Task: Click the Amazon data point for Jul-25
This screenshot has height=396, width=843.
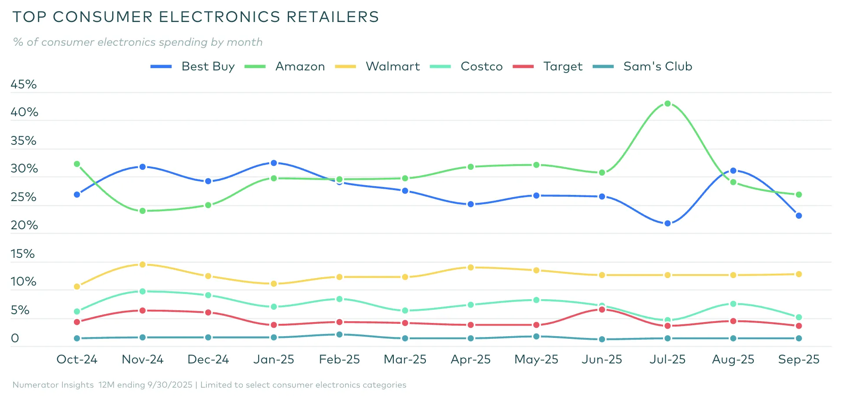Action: [667, 104]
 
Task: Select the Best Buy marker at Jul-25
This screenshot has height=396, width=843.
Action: [667, 224]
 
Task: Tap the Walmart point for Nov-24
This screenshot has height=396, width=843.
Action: [143, 264]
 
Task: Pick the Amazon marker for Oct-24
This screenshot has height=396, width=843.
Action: [77, 164]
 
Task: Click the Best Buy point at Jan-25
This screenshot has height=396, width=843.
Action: [274, 163]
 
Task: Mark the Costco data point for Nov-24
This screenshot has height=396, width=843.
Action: [143, 291]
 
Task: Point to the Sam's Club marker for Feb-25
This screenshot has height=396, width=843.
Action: [339, 334]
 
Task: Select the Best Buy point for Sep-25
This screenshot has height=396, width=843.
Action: [799, 216]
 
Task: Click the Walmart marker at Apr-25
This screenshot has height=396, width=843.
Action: [470, 268]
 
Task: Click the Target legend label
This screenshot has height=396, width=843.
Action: [562, 66]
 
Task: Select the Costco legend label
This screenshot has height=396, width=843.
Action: [481, 66]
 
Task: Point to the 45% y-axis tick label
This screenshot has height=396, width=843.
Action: [24, 84]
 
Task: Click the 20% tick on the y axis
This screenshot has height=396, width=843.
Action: [24, 225]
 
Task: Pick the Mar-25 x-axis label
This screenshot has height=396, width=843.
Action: [405, 359]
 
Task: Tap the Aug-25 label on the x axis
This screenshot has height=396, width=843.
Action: [733, 359]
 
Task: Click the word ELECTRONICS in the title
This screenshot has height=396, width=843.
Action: [219, 17]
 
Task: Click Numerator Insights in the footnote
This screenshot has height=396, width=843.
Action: [53, 385]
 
